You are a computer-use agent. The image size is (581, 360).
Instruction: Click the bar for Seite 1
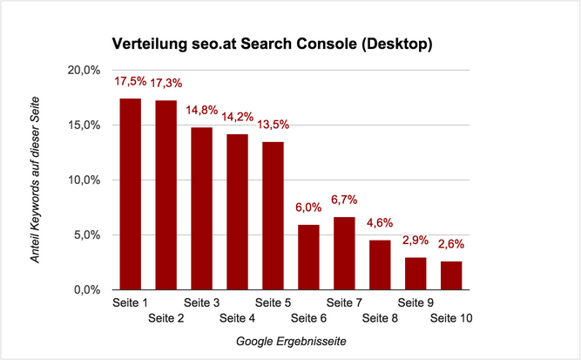pos(131,194)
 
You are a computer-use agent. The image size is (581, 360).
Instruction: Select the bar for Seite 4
pos(238,212)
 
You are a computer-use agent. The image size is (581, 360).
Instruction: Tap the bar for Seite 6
pos(309,257)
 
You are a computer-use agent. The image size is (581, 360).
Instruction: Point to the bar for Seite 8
pos(381,265)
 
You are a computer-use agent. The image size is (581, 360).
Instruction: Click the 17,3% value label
pos(166,84)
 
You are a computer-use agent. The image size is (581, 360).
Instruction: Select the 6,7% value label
pos(344,200)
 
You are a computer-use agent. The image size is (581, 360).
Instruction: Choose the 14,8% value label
pos(202,111)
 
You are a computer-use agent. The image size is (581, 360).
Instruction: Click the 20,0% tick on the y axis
pos(86,70)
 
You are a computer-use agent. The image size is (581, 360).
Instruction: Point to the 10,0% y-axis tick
pos(86,180)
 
